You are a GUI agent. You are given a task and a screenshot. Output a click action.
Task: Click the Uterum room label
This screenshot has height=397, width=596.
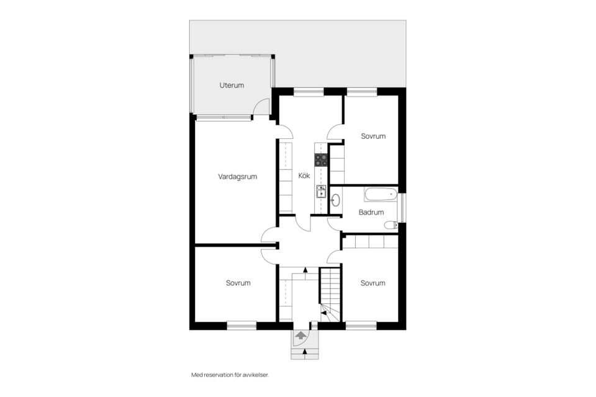pos(232,85)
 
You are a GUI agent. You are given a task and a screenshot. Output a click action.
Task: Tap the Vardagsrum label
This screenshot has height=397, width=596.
pos(238,177)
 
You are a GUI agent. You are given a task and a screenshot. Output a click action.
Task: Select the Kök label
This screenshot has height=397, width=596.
pos(304,176)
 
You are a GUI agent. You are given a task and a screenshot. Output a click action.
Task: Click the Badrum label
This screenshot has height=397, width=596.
pos(371,212)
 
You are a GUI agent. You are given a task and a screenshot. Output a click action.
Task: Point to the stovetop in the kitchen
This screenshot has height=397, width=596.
pos(321,159)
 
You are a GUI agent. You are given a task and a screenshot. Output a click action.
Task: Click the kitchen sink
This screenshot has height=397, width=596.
pos(321,192)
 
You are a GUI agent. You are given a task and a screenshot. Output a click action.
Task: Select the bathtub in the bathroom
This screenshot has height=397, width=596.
pos(381,194)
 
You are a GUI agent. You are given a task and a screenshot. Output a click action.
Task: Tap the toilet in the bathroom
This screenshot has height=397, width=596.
pos(391,226)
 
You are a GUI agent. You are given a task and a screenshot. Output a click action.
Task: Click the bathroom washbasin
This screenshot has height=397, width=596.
pos(335,200)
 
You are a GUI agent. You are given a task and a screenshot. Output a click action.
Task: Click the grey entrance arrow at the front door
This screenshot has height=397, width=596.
pos(300,336)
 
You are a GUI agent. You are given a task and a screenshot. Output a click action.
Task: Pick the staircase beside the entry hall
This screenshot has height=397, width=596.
pos(330,295)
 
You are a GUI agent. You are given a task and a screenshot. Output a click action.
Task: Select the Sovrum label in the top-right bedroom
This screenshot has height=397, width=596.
pos(373,136)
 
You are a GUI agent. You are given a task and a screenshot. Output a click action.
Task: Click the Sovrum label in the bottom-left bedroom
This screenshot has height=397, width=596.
pos(238,283)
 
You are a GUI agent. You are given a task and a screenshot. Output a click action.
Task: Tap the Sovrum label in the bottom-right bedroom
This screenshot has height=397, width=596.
pos(373,283)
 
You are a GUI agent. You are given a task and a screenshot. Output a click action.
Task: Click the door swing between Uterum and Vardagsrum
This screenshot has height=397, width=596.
pos(261,106)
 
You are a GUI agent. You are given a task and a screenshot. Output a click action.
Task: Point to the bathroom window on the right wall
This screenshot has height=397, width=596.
pos(403,208)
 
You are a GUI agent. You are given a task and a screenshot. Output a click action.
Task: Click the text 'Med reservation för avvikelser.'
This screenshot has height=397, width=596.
pos(230,375)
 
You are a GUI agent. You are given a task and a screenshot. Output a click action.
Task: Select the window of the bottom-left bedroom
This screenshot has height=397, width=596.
pos(242,325)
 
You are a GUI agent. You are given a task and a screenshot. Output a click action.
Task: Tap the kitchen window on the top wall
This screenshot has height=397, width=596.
pos(309,92)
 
